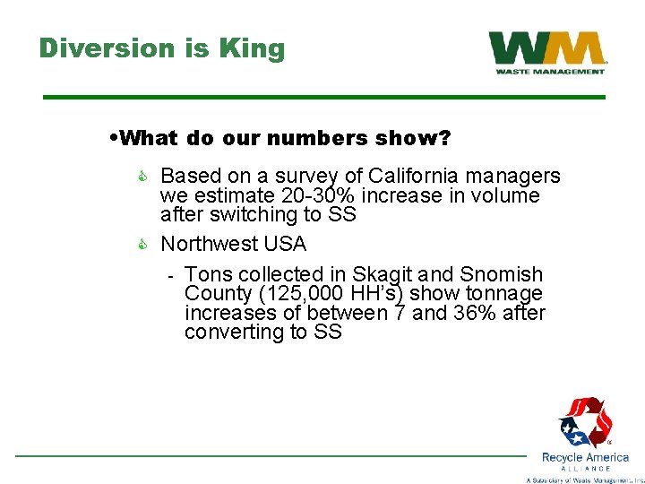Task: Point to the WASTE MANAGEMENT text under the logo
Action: [x=548, y=72]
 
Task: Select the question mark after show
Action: [x=444, y=138]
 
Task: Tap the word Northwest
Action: [x=207, y=244]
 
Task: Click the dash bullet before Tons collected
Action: [x=169, y=274]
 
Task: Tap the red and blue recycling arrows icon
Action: [x=584, y=421]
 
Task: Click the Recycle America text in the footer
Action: [x=585, y=457]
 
